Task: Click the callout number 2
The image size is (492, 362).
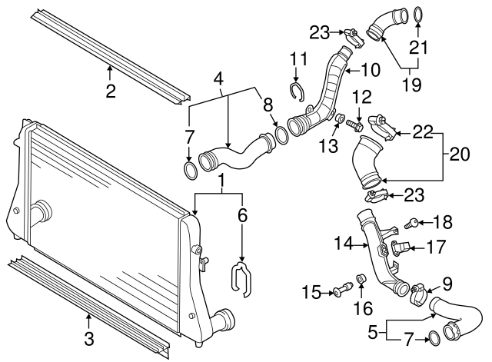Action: [x=110, y=93]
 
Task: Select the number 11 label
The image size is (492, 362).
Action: [x=298, y=59]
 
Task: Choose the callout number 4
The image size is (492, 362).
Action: [x=218, y=78]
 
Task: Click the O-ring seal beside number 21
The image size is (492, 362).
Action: [x=417, y=13]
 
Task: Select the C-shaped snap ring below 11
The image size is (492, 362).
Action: [x=298, y=92]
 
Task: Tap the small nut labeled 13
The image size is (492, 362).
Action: [x=338, y=119]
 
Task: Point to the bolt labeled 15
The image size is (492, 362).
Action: [x=341, y=290]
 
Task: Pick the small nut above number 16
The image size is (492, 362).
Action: [x=361, y=277]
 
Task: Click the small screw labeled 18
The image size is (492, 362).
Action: [x=413, y=224]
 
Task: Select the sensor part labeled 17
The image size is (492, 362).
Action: [x=397, y=248]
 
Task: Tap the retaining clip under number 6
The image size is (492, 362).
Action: [x=241, y=279]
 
